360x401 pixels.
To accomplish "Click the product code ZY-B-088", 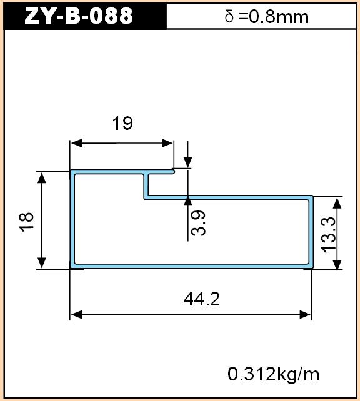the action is point(79,16).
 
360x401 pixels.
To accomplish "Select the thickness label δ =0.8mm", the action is point(267,17).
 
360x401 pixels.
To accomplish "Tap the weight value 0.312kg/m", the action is point(274,374).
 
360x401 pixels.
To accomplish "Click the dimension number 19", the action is point(122,123).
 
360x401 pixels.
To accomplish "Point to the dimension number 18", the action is point(27,222).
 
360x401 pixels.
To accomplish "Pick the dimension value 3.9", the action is point(198,223).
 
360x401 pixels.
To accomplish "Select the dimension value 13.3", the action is point(328,235).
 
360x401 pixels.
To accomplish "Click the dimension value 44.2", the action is point(202,299).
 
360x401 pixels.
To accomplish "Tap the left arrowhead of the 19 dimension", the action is point(76,143).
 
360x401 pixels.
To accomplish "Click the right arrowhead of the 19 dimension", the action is point(167,143).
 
